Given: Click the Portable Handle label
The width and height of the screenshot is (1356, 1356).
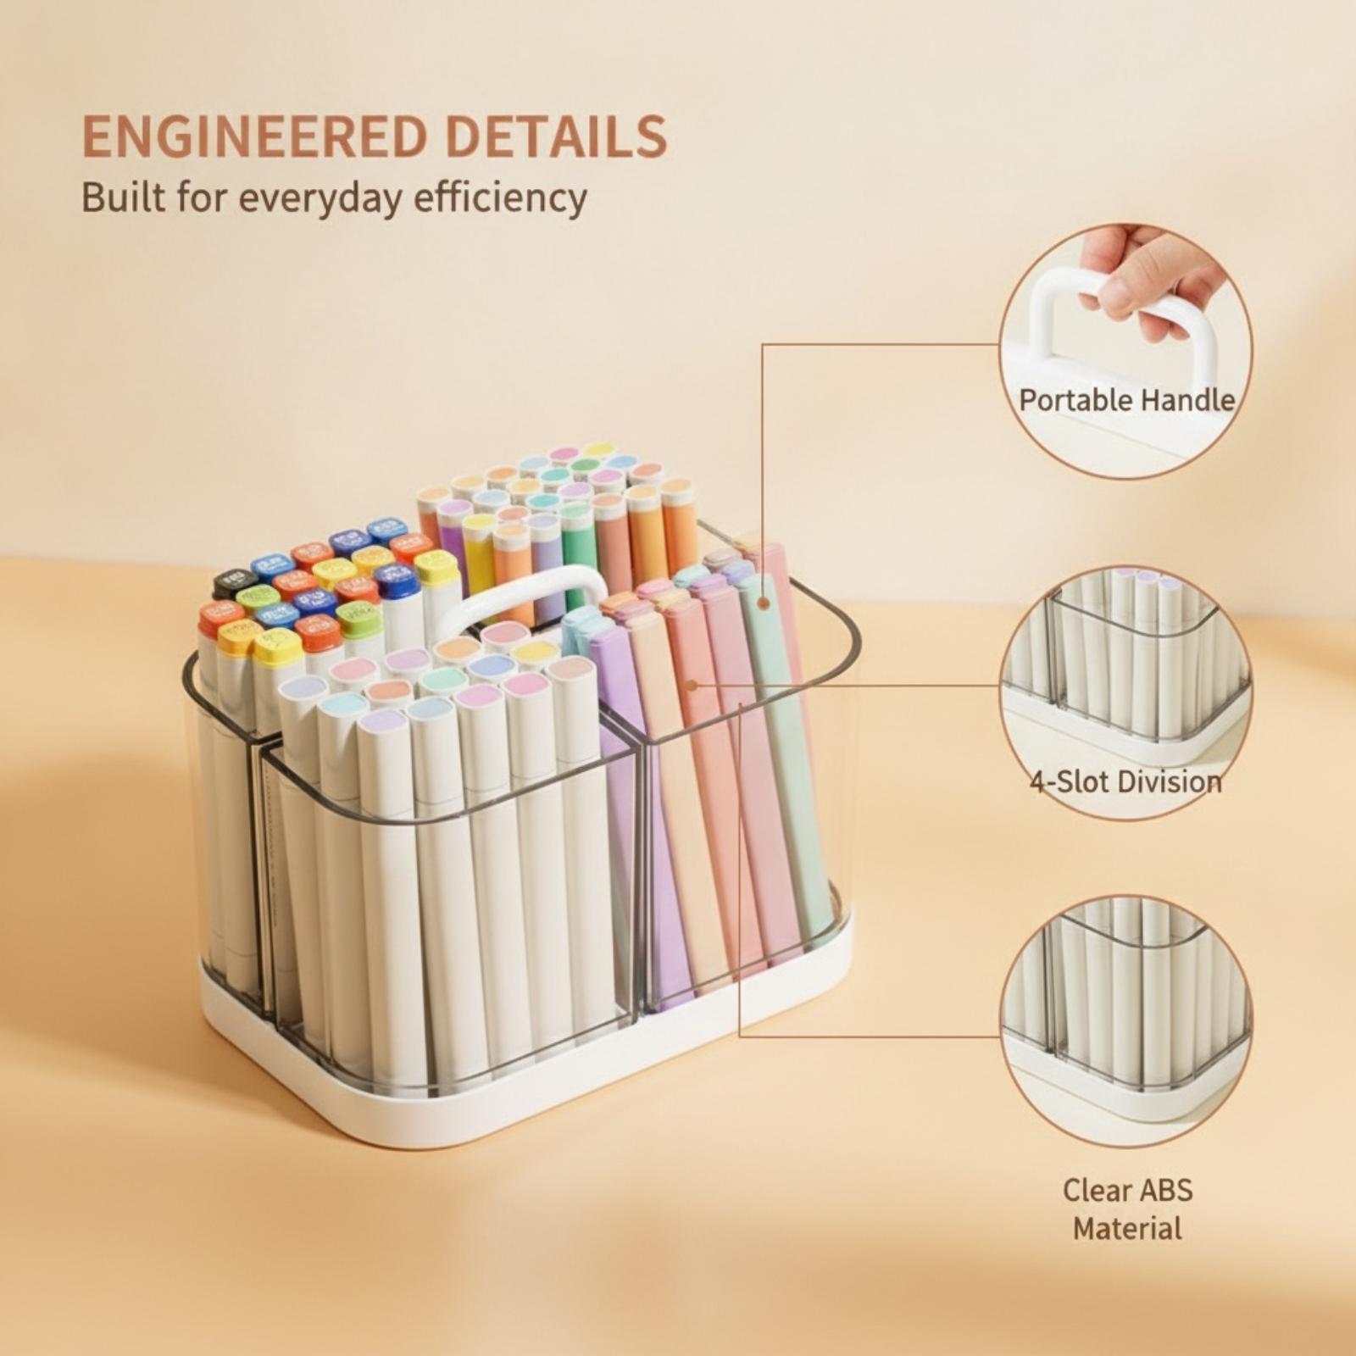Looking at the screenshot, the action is pos(1126,400).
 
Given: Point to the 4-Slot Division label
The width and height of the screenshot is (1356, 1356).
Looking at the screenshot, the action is pos(1126,781).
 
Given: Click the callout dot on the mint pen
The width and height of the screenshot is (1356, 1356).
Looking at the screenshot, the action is pos(763,603).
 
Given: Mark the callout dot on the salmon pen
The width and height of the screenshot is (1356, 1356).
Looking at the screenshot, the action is pos(692,685).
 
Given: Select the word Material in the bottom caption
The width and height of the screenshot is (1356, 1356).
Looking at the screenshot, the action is pos(1127,1228).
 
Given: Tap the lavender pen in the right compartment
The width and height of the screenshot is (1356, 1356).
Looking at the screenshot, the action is pos(631,805).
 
